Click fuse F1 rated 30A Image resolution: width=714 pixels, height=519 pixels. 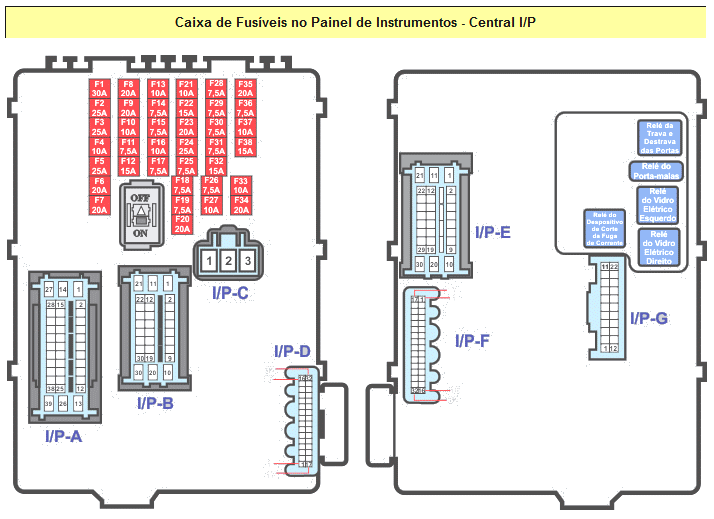pos(99,88)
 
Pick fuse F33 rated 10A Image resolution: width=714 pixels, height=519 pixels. pos(240,185)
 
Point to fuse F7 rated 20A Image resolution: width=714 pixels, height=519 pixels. pos(99,205)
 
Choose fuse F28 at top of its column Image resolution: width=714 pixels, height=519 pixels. pos(216,88)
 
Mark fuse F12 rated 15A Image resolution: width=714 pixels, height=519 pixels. pos(128,165)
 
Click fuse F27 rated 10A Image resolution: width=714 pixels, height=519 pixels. pos(211,205)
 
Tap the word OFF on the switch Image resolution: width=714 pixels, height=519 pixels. pos(140,198)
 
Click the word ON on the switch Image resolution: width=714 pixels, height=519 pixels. pos(140,233)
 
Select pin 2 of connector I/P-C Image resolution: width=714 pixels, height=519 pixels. pos(228,261)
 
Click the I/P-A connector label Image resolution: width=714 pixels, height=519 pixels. pos(63,436)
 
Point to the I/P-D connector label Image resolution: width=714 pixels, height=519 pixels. pos(292,352)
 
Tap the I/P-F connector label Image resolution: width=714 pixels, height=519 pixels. pos(472,341)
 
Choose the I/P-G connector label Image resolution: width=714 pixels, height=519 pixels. pos(649,318)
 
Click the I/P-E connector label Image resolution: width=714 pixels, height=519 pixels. pos(493,232)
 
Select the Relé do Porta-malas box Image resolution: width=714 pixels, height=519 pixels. pos(656,171)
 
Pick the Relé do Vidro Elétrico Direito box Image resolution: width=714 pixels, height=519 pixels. pos(659,246)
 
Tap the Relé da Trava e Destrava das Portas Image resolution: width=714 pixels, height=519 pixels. pos(659,138)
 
